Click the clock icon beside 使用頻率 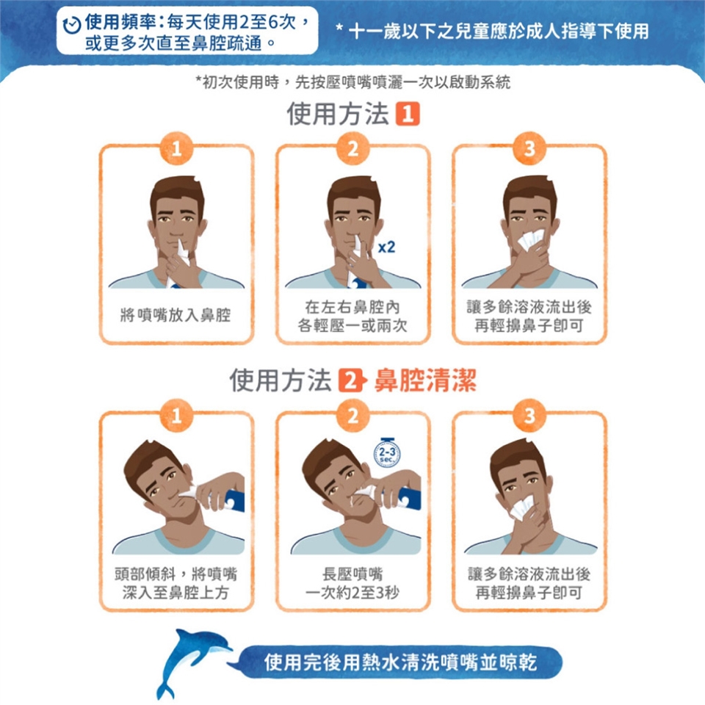pos(71,25)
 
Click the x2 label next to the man pos(386,247)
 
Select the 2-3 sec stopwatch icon pos(387,452)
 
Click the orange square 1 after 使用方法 pos(408,113)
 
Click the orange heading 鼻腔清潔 pos(425,380)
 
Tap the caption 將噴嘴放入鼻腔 pos(176,315)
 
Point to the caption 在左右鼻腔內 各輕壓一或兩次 pos(352,316)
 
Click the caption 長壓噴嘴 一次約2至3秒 pos(352,583)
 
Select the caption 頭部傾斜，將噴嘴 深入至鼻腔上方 pos(176,583)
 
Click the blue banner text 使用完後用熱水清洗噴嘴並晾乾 pos(400,662)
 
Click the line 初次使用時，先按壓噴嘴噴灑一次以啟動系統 pos(353,82)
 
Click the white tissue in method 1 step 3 pos(532,240)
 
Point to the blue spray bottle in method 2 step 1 pos(234,500)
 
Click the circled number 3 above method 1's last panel pos(529,148)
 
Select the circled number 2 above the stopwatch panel pos(353,416)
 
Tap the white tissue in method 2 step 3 pos(521,508)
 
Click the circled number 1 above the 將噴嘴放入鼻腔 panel pos(176,148)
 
